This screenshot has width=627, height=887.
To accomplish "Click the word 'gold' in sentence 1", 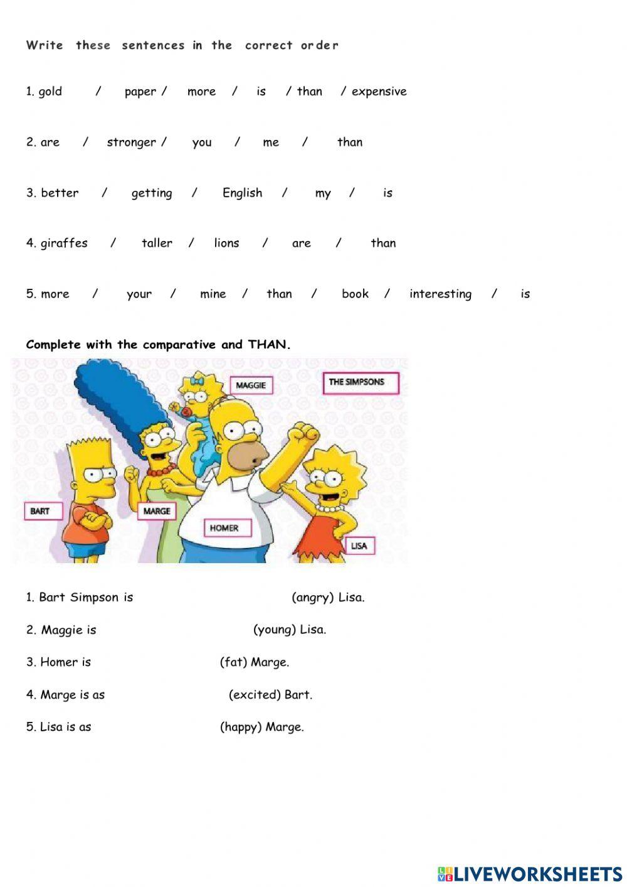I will coord(50,92).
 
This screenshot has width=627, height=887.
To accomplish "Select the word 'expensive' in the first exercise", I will coord(379,92).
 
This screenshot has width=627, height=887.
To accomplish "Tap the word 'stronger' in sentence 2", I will coord(131,142).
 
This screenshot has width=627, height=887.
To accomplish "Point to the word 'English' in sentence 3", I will coord(242,193).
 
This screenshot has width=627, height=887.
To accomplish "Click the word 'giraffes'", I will coord(64,244).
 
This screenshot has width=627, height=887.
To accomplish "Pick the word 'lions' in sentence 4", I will coord(226,244).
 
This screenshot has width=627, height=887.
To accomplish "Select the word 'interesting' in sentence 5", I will coord(440,294).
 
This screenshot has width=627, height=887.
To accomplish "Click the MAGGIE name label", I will coord(251,385).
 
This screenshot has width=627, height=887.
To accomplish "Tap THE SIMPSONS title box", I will coord(361,382).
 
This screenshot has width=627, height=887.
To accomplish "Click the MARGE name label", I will coord(157,511).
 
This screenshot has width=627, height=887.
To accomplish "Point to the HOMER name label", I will coord(224,528).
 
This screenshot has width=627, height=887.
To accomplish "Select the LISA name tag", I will coord(359,546).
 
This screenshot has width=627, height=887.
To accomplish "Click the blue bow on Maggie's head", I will coord(199,380).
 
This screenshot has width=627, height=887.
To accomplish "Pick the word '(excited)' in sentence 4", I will coord(254,695).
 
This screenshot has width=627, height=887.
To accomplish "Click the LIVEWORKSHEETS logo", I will coord(530,873).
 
